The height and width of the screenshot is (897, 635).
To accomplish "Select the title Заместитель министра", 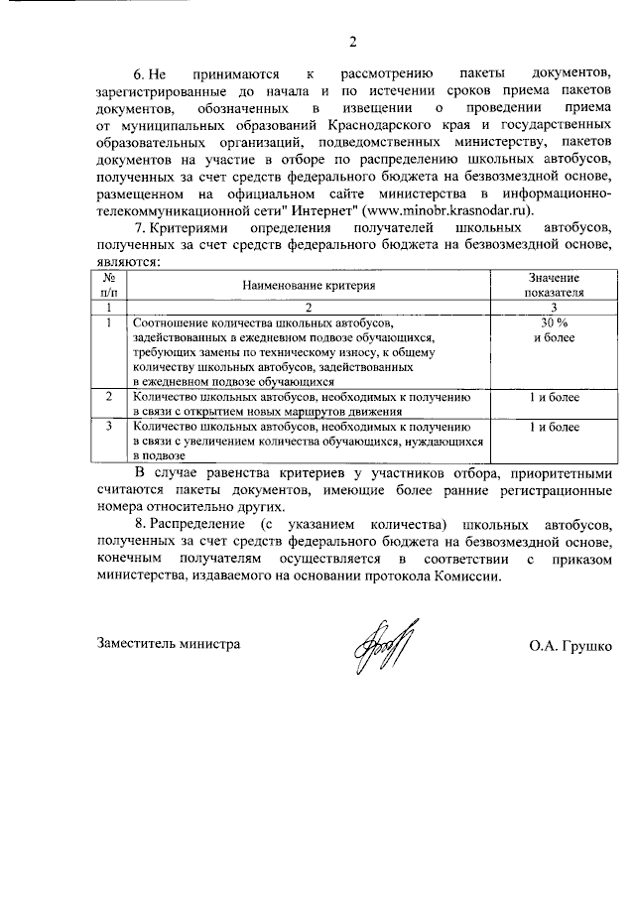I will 170,643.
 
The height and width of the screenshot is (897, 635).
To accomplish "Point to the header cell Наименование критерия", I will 310,285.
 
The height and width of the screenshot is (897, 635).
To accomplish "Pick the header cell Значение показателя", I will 555,286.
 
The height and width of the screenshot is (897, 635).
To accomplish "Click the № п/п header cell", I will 110,286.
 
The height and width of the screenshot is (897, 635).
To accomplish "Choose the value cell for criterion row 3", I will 555,428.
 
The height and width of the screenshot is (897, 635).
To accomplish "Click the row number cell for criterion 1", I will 110,323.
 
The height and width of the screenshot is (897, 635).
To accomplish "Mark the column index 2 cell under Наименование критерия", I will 310,308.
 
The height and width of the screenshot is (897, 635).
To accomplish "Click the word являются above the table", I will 130,263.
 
